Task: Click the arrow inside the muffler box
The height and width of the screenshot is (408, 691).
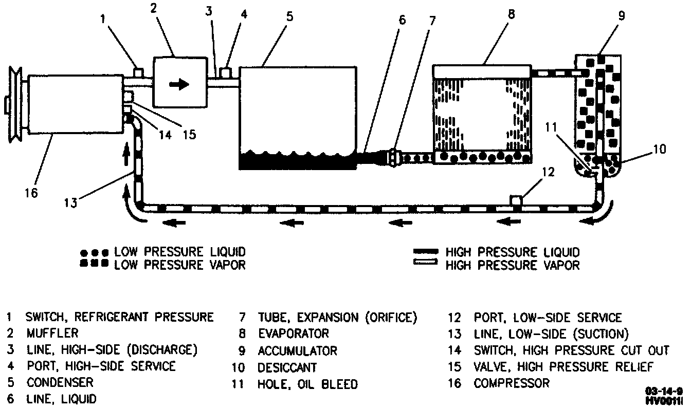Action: click(179, 85)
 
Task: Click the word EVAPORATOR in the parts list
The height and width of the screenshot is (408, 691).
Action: click(293, 334)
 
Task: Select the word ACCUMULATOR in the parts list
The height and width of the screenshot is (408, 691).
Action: click(297, 351)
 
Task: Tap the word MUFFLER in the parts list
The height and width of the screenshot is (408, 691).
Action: click(52, 333)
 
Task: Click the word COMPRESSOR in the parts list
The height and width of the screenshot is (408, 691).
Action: click(511, 383)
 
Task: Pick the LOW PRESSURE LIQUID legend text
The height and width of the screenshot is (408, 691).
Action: click(179, 252)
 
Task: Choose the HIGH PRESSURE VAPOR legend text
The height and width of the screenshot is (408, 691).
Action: click(512, 266)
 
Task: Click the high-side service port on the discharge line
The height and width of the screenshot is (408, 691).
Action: click(225, 71)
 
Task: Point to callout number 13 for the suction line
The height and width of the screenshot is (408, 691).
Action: click(70, 202)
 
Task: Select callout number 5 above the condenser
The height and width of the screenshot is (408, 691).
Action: click(290, 16)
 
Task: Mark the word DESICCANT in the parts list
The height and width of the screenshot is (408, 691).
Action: click(287, 368)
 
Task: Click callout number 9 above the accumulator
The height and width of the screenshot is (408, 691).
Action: click(621, 15)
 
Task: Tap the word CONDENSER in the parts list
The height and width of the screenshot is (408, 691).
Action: click(60, 383)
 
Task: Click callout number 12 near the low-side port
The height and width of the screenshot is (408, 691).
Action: click(549, 172)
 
